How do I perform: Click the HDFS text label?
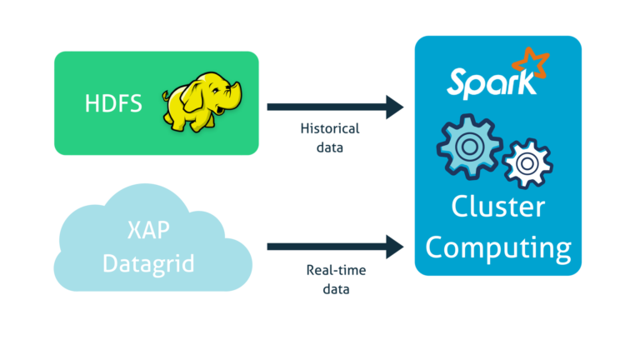pos(113,104)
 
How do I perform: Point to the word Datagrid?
pos(148,264)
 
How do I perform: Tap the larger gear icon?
pos(468,147)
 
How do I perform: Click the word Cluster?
pos(498,207)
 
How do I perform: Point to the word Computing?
pos(498,247)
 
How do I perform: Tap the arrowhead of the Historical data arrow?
pos(395,106)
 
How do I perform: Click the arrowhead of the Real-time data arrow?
pos(395,247)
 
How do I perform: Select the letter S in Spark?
pos(456,82)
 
